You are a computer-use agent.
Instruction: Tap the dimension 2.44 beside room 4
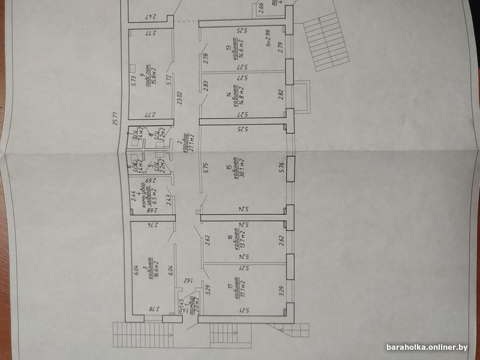tap(133, 194)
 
